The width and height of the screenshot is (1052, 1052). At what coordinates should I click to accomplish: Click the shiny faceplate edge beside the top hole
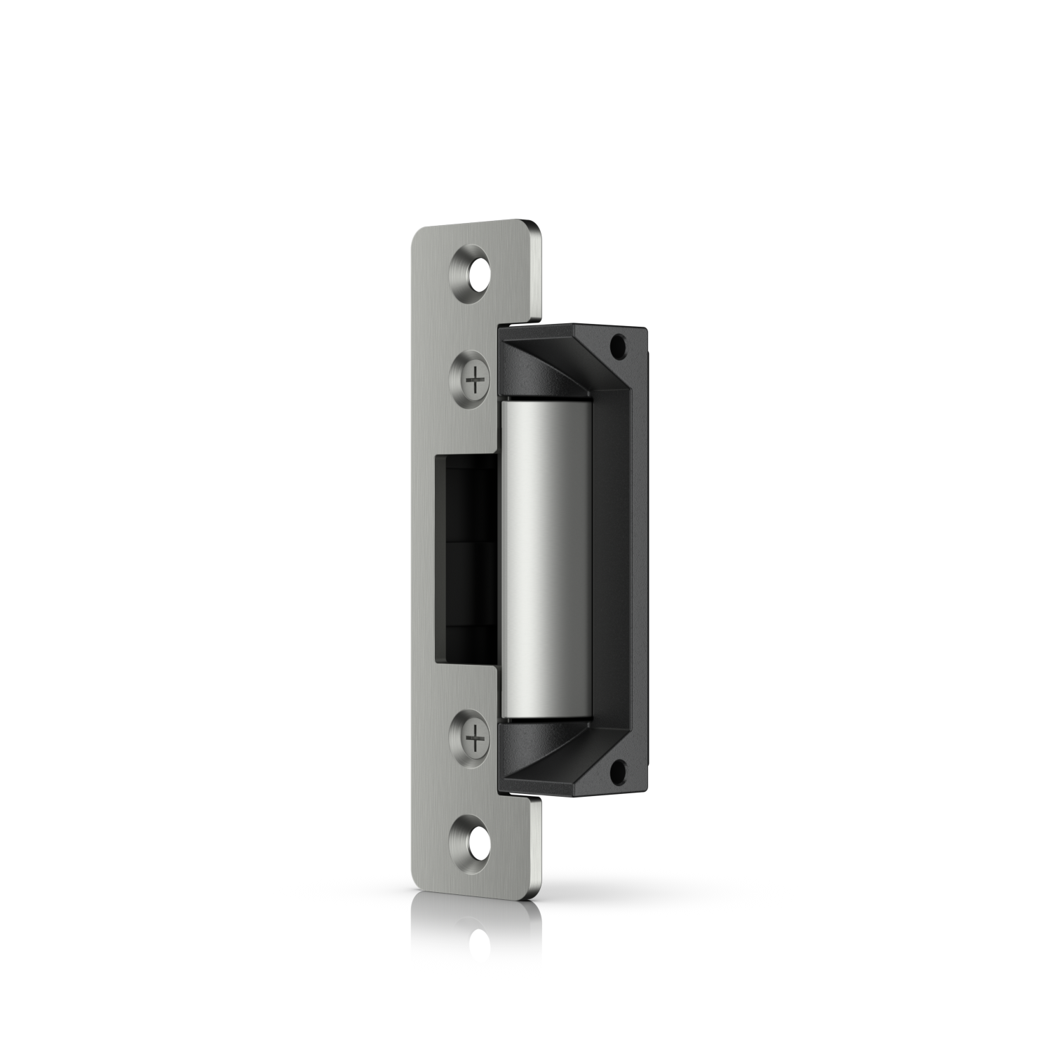(537, 274)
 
